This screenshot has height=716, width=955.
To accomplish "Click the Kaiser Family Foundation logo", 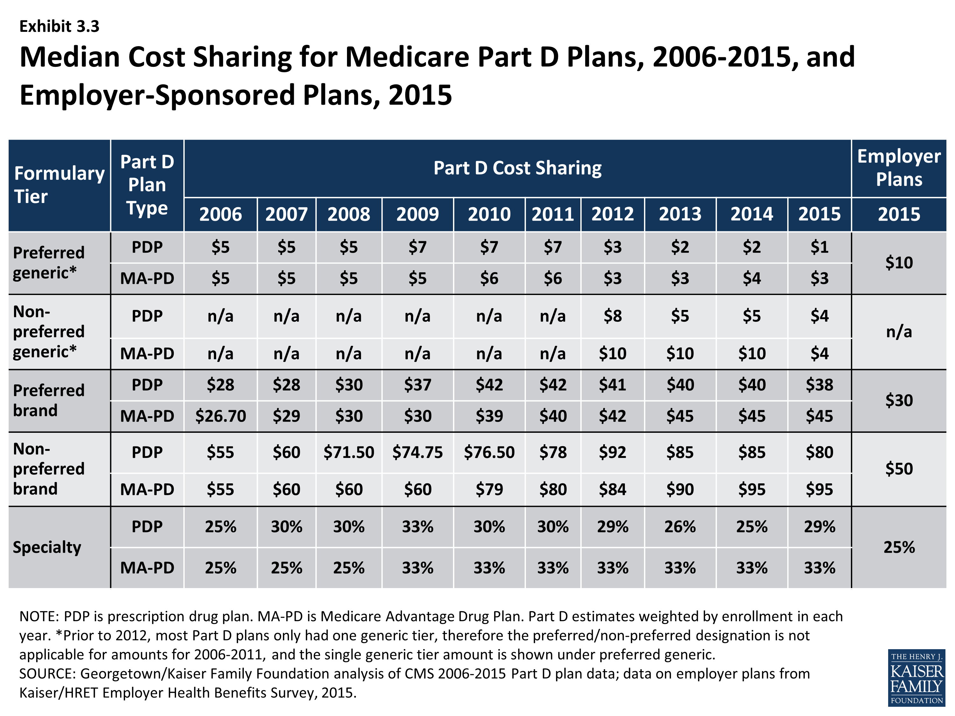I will click(916, 677).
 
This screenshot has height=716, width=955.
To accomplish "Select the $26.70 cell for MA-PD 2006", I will click(220, 416).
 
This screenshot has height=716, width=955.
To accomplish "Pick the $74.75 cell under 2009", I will click(417, 452).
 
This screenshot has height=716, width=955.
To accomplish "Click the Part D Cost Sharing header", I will click(517, 168).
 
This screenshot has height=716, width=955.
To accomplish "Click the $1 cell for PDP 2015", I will click(819, 247).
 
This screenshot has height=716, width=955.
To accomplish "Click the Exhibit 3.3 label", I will click(59, 26).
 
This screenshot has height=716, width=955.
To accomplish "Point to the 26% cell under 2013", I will click(680, 527).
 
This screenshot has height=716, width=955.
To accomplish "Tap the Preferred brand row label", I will click(48, 400).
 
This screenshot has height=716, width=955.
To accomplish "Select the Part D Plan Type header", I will click(147, 185).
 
